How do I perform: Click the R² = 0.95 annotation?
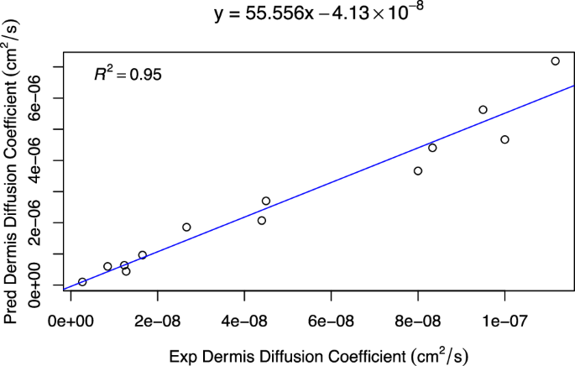128,75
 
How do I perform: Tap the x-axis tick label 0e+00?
71,320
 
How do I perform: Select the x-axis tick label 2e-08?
157,320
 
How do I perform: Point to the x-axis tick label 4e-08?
244,320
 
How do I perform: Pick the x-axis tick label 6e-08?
331,320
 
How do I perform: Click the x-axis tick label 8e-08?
417,320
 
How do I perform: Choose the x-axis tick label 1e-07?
504,320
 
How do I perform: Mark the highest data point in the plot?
555,61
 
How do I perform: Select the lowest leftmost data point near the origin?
82,282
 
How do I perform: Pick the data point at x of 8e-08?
418,171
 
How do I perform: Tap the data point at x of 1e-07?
504,139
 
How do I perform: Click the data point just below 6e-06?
483,110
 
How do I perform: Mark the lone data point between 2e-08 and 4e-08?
186,227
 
